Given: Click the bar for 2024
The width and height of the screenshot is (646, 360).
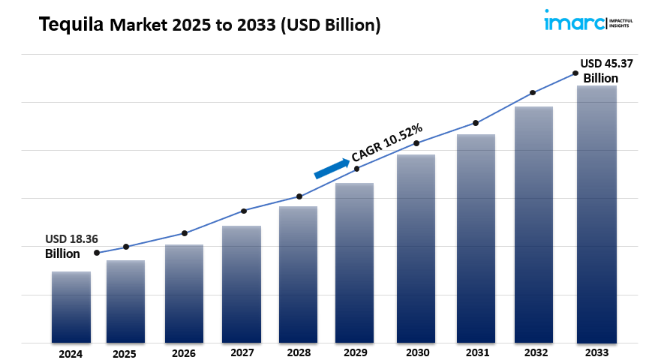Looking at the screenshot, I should click(71, 307).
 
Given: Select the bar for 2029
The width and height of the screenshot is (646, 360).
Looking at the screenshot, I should click(354, 262).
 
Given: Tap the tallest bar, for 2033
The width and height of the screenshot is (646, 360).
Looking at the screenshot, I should click(596, 214).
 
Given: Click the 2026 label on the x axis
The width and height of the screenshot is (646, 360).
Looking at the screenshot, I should click(184, 352).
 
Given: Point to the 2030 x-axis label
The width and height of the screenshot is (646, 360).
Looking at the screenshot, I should click(417, 352).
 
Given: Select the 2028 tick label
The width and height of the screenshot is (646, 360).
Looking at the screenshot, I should click(299, 352).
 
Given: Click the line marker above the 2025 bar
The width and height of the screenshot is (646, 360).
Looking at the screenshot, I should click(126, 247).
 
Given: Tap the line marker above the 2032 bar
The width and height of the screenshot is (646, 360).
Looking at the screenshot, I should click(533, 93).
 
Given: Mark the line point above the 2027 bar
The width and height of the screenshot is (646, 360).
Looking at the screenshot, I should click(244, 211).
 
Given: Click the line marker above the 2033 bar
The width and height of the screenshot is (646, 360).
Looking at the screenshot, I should click(575, 73).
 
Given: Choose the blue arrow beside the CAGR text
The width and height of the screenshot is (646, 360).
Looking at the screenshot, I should click(332, 168).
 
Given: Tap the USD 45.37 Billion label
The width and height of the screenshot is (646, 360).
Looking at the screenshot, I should click(605, 70).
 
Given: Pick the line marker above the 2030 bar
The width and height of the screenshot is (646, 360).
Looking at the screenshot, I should click(417, 143).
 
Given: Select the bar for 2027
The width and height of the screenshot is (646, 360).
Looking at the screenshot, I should click(242, 284).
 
